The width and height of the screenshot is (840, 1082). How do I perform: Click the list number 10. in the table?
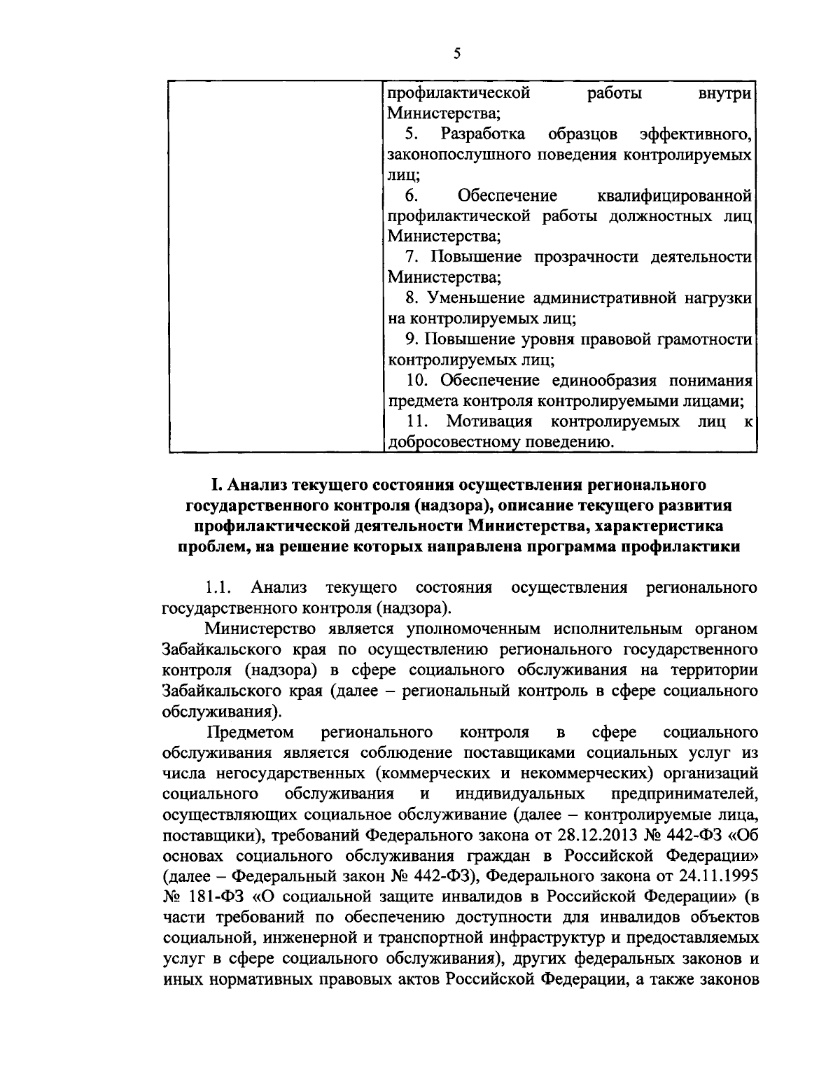point(419,381)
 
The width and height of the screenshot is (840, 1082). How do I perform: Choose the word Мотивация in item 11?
point(490,422)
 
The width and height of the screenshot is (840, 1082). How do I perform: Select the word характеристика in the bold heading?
point(671,526)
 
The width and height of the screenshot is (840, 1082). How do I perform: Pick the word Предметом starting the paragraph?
point(251,733)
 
